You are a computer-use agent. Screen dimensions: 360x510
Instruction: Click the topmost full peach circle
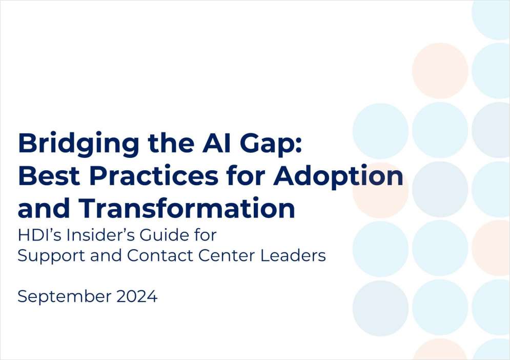(440, 71)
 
